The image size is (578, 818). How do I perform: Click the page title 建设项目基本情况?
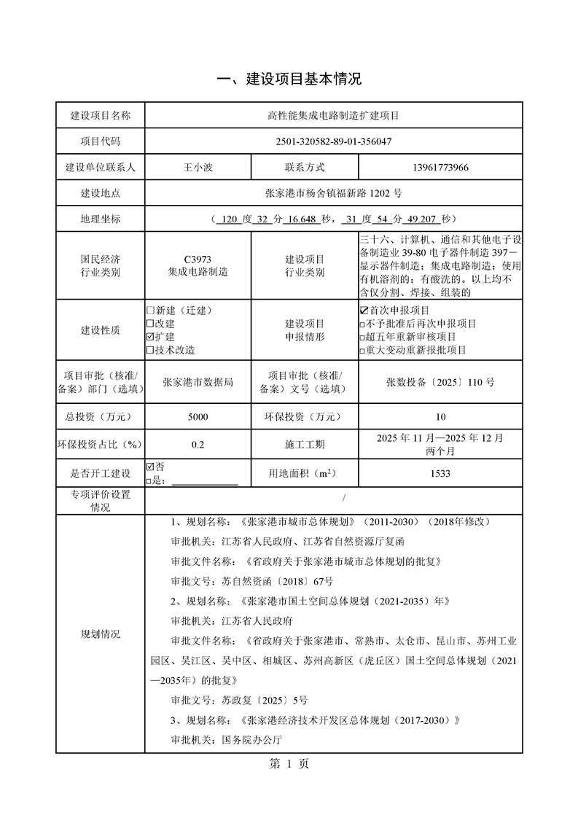[289, 79]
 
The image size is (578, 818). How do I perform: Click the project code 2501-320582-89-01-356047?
[334, 141]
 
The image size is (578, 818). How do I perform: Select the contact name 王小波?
[198, 168]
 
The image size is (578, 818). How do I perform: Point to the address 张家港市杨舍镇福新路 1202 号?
[334, 193]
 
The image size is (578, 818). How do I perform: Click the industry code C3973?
[198, 260]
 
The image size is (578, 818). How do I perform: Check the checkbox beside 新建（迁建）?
[151, 311]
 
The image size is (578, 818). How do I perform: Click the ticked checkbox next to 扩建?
[151, 337]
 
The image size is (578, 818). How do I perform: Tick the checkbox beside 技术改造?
[151, 350]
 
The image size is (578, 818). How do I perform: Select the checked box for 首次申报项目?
[364, 311]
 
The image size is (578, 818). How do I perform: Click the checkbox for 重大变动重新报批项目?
[363, 351]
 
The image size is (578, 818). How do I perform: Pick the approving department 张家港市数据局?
[198, 381]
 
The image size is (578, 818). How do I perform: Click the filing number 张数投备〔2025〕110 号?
[440, 381]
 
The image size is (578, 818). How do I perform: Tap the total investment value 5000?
[198, 417]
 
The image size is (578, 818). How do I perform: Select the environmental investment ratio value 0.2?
[198, 445]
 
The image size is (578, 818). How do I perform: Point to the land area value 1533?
[440, 474]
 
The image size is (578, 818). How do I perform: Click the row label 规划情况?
[101, 634]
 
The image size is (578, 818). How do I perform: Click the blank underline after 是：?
[204, 480]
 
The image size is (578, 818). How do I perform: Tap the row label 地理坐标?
[101, 219]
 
